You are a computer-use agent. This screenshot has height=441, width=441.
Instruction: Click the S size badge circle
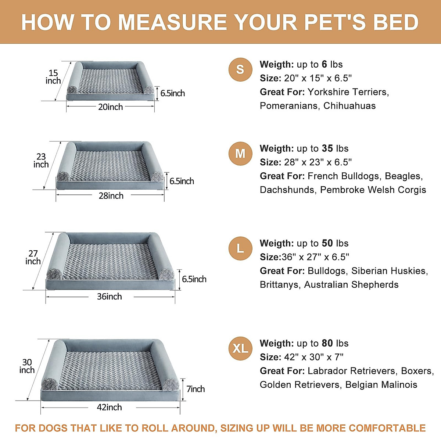(240, 69)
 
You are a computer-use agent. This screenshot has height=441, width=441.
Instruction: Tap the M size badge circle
(240, 153)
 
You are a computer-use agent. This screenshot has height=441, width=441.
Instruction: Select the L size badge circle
(240, 248)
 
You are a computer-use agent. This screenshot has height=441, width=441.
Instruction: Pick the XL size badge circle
(240, 348)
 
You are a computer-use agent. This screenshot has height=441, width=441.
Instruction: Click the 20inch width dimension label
(110, 107)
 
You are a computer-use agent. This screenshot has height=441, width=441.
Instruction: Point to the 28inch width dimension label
(111, 196)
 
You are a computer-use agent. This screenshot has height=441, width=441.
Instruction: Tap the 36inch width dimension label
(110, 297)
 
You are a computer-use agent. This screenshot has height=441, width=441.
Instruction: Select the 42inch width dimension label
(109, 407)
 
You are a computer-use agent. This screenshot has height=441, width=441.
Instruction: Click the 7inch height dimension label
(196, 389)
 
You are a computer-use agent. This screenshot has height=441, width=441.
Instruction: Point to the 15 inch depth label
(53, 77)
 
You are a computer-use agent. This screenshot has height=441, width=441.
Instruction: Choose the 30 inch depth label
(27, 366)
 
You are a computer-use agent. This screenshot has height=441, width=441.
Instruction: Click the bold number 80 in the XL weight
(327, 343)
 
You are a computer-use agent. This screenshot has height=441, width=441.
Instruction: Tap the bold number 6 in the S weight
(324, 64)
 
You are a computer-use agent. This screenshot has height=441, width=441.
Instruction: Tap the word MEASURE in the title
(172, 22)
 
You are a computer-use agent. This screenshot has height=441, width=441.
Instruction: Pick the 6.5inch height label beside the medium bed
(182, 181)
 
